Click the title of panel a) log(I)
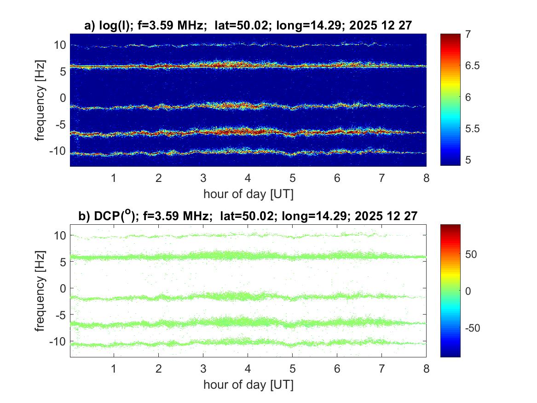248,26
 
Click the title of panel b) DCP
248,216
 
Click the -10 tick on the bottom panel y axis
58,341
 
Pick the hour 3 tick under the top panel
203,178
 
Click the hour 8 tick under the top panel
426,178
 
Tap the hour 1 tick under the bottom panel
114,369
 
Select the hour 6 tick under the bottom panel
337,369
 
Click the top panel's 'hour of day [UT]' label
248,194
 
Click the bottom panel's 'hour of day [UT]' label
248,385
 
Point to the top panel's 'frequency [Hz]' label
41,100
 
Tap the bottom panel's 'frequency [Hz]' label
41,291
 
